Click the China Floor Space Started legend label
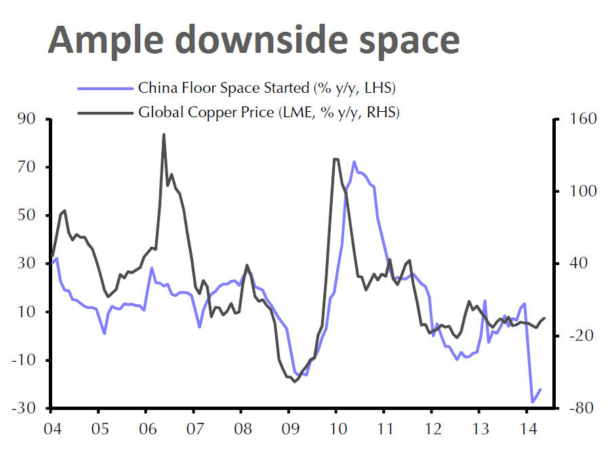266,87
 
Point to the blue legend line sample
104,88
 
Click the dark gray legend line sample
104,112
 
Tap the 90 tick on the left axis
28,120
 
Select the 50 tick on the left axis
28,216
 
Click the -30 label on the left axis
25,409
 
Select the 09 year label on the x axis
289,429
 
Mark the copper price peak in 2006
164,134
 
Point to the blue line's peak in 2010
354,161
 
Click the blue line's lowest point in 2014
533,403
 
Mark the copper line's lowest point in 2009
294,382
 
